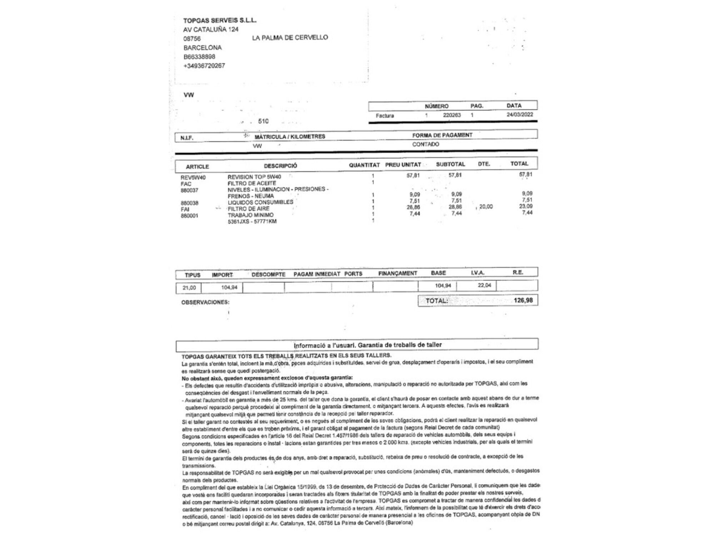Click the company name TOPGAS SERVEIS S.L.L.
click(220, 20)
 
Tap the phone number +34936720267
click(204, 66)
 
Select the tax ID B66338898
click(199, 57)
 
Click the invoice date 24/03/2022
click(519, 114)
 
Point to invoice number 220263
click(452, 115)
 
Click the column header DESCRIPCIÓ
click(280, 165)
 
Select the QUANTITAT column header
click(364, 165)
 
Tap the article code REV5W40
click(193, 177)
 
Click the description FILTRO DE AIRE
click(248, 209)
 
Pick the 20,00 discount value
click(486, 207)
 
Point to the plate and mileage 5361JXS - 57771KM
click(252, 221)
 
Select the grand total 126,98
click(523, 300)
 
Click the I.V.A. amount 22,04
click(484, 285)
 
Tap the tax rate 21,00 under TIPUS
click(189, 287)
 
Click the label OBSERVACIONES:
click(205, 302)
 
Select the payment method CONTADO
click(426, 144)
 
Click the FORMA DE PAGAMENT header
click(442, 135)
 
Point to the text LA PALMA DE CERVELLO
click(290, 37)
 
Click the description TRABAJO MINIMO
click(251, 215)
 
